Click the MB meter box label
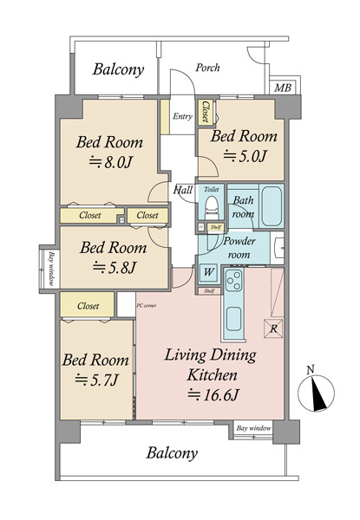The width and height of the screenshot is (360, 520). pyautogui.click(x=283, y=88)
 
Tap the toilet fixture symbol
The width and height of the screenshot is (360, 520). pyautogui.click(x=212, y=208)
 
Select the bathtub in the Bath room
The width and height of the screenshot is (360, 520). pyautogui.click(x=272, y=206)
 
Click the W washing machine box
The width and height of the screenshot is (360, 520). pyautogui.click(x=208, y=273)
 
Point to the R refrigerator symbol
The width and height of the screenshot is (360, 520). pyautogui.click(x=273, y=329)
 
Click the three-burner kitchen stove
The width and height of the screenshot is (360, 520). pyautogui.click(x=234, y=281)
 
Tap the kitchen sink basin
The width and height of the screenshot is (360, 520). pyautogui.click(x=234, y=319)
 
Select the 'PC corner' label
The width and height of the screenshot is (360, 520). pyautogui.click(x=147, y=306)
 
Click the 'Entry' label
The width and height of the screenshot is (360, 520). pyautogui.click(x=182, y=116)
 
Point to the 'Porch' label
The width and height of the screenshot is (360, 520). pyautogui.click(x=207, y=68)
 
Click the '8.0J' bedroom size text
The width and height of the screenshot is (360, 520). pyautogui.click(x=111, y=163)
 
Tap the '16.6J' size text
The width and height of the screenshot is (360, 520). pyautogui.click(x=213, y=394)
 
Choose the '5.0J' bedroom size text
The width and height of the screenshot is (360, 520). pyautogui.click(x=245, y=156)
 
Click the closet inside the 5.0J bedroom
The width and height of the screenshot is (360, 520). pyautogui.click(x=206, y=112)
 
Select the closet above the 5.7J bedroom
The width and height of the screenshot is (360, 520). pyautogui.click(x=88, y=305)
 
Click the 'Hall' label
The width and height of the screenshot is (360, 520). pyautogui.click(x=183, y=190)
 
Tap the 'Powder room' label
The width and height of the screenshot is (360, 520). pyautogui.click(x=239, y=248)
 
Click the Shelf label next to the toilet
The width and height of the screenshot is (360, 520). pyautogui.click(x=216, y=227)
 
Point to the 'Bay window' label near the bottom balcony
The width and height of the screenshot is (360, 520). pyautogui.click(x=253, y=428)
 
